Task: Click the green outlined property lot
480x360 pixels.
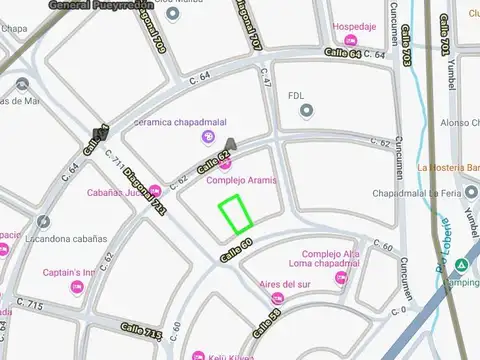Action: pyautogui.click(x=235, y=214)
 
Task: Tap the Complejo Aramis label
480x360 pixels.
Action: pyautogui.click(x=241, y=180)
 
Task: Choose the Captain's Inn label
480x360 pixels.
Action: pyautogui.click(x=68, y=272)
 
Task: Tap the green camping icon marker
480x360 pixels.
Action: pyautogui.click(x=461, y=266)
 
